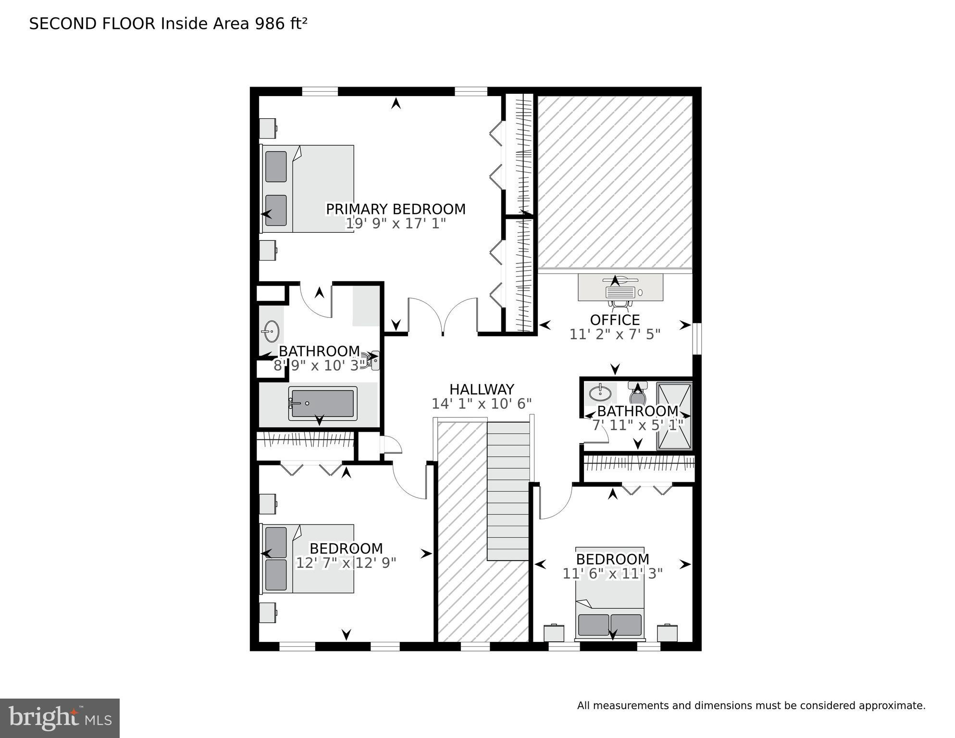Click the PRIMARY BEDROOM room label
point(396,209)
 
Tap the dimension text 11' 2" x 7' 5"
point(615,334)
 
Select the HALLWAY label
point(482,389)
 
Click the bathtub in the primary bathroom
point(322,403)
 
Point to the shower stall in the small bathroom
point(674,416)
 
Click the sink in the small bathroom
point(600,393)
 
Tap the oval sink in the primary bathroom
point(271,331)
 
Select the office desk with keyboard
point(620,288)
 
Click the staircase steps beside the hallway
point(508,490)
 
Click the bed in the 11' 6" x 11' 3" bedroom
point(609,594)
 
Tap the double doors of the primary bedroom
point(443,315)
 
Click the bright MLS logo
point(60,718)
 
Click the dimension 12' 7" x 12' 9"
point(346,563)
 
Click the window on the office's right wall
point(697,338)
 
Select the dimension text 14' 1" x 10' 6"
point(482,403)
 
